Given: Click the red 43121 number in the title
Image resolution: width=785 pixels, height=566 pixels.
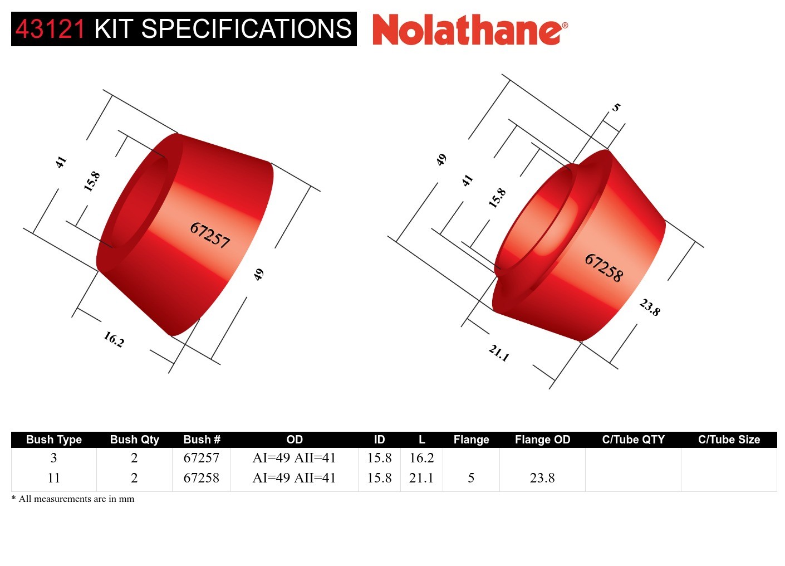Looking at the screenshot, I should tap(50, 29).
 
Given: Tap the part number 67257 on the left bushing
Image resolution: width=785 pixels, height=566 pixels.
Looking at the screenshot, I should tap(210, 235).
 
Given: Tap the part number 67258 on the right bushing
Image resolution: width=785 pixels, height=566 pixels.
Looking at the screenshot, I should tap(604, 267).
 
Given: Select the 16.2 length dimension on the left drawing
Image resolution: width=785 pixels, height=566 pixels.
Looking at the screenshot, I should tap(114, 339).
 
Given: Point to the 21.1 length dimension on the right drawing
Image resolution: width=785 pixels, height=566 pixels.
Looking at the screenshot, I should tap(499, 353).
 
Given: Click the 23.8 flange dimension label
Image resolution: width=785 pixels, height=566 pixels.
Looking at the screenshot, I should tap(650, 307).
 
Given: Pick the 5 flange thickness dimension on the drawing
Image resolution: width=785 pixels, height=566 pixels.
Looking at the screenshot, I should tap(616, 107).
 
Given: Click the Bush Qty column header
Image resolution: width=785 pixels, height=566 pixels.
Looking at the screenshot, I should tap(134, 440).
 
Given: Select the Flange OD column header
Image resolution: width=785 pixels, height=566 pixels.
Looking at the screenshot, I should tap(542, 440).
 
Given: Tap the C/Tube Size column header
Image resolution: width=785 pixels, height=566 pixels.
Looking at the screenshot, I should tap(729, 440).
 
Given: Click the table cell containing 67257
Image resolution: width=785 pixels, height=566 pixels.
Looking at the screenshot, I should tap(201, 458).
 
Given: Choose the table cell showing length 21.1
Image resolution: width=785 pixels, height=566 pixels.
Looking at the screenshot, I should tap(421, 478).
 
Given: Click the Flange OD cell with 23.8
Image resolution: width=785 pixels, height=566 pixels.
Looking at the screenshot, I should tap(542, 478).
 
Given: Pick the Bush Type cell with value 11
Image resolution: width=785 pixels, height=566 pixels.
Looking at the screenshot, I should tap(53, 478).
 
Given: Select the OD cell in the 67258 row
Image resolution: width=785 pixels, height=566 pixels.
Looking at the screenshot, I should tap(294, 478).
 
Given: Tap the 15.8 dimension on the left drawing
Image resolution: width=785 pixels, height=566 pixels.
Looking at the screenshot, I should tap(92, 182).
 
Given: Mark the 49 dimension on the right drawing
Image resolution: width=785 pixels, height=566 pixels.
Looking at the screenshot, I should tap(441, 160).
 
